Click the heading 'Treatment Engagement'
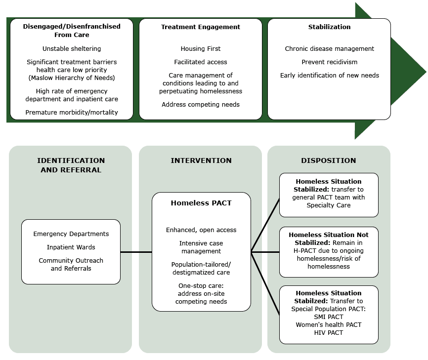pos(201,27)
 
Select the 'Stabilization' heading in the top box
pos(329,27)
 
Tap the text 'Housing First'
pos(201,49)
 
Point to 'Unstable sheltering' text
pos(72,49)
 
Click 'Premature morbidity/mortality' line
pos(72,113)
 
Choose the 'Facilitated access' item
pos(201,62)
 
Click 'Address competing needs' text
pos(201,105)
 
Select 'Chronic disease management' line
pos(329,49)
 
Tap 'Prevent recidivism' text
pos(329,62)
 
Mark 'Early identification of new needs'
pos(329,76)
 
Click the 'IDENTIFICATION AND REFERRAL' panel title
pos(71,165)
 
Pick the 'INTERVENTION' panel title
pos(201,161)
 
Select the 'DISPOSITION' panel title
pos(329,161)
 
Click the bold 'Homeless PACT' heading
pos(201,203)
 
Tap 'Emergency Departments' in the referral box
pos(71,234)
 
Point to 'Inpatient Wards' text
pos(71,247)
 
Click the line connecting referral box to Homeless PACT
pos(136,252)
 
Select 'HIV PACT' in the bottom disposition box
pos(329,333)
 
